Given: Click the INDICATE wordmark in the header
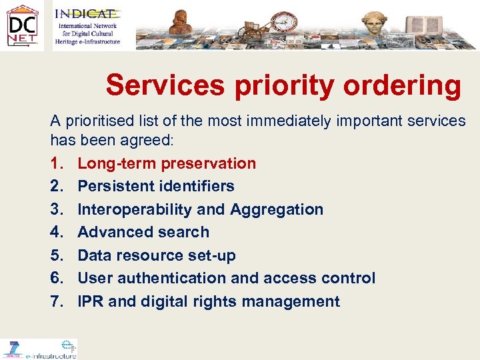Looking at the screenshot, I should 87,13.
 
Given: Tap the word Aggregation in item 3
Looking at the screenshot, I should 277,209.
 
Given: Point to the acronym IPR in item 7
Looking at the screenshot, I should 91,301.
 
